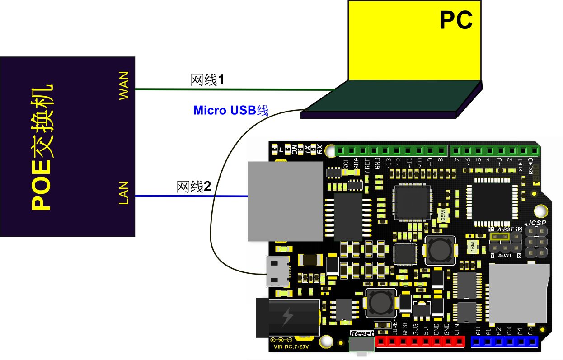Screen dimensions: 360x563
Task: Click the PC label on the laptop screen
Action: (x=456, y=20)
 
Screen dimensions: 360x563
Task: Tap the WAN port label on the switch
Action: (x=123, y=85)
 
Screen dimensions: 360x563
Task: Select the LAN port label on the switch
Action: (x=123, y=193)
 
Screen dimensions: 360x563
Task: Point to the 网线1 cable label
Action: (x=207, y=80)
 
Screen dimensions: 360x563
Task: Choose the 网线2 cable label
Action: (x=193, y=187)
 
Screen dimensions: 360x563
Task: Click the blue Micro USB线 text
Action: (x=231, y=110)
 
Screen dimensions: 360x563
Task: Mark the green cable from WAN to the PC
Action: (x=235, y=89)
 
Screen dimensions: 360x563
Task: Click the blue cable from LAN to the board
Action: (x=190, y=196)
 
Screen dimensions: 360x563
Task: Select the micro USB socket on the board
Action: (x=278, y=271)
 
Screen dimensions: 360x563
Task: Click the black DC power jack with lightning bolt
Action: (x=287, y=318)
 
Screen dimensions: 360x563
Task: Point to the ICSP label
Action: (x=538, y=223)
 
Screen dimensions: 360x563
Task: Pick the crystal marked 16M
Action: (x=472, y=247)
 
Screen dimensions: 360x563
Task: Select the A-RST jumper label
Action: (x=505, y=229)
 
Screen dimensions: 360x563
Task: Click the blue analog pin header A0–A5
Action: (x=505, y=342)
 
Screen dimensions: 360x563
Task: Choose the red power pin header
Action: (x=420, y=342)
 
